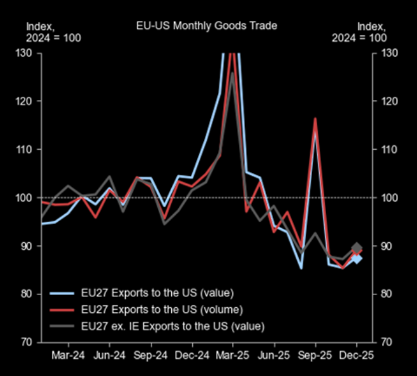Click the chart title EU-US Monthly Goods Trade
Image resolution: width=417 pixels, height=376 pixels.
(207, 26)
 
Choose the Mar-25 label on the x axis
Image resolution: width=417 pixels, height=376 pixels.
(233, 355)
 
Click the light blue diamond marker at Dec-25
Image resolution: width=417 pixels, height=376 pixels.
(357, 258)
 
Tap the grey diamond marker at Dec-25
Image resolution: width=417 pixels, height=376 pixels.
(357, 248)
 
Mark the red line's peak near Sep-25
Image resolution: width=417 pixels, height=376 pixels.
(315, 118)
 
